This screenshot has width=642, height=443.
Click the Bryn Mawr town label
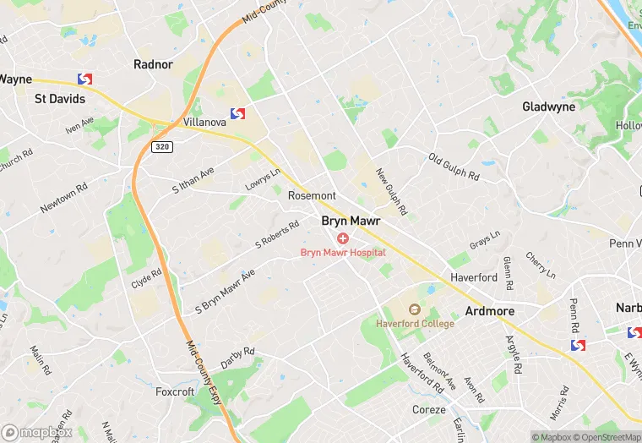(x=351, y=221)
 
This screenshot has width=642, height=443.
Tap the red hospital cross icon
(x=343, y=238)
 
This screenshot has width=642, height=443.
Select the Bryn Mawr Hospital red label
(x=343, y=252)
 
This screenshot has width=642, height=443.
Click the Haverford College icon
(x=414, y=310)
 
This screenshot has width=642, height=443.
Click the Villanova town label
(x=204, y=122)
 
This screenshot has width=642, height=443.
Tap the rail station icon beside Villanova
(x=237, y=113)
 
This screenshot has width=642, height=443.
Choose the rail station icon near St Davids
(x=84, y=79)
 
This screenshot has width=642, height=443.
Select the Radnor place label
(x=153, y=64)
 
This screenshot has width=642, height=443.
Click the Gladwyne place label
(x=548, y=107)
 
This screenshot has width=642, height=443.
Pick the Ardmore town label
(x=489, y=311)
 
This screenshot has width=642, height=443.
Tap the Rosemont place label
(x=312, y=195)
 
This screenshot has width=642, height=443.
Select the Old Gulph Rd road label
(x=454, y=167)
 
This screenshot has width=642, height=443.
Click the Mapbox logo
(x=36, y=432)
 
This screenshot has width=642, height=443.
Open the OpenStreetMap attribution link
(x=606, y=437)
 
